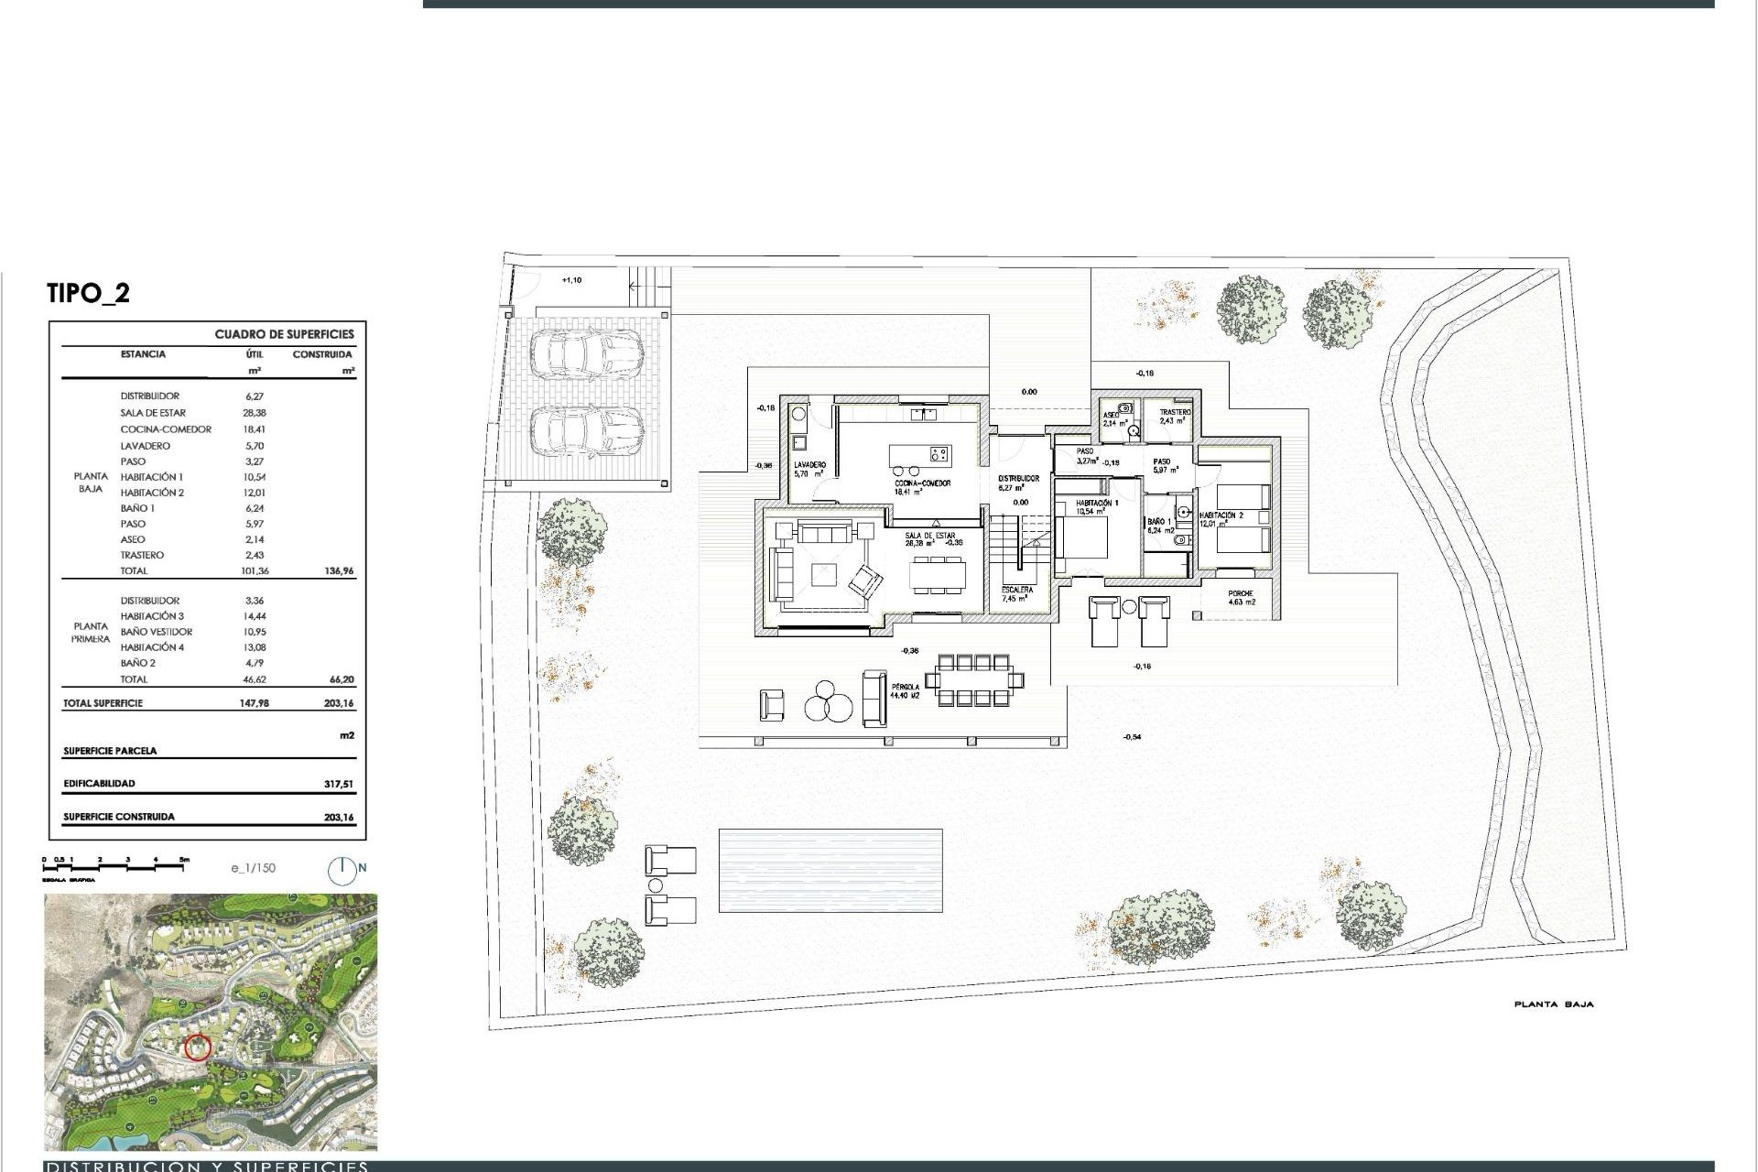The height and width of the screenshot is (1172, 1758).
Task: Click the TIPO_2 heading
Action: pos(88,294)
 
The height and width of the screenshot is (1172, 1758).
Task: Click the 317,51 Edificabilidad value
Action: pos(338,785)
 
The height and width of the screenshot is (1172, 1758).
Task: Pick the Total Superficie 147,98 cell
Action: pos(254,704)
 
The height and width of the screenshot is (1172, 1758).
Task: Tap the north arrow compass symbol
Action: pos(342,870)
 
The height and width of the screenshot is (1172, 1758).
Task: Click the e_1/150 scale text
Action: pos(253,868)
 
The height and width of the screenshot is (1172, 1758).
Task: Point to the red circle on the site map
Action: pos(198,1047)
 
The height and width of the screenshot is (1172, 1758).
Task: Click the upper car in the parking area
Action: pos(586,355)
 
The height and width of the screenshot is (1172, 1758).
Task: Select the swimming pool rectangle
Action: pos(830,870)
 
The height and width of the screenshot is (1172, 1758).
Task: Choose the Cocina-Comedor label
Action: pos(922,486)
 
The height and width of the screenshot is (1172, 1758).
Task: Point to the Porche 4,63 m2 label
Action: pos(1241,598)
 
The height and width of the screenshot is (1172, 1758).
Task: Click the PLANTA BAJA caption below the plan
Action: pos(1553,1004)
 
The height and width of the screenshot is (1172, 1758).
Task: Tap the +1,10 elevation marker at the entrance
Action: pos(570,280)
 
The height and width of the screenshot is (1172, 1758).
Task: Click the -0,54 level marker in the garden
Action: pos(1132,737)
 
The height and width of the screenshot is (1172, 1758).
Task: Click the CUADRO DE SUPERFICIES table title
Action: pos(284,334)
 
